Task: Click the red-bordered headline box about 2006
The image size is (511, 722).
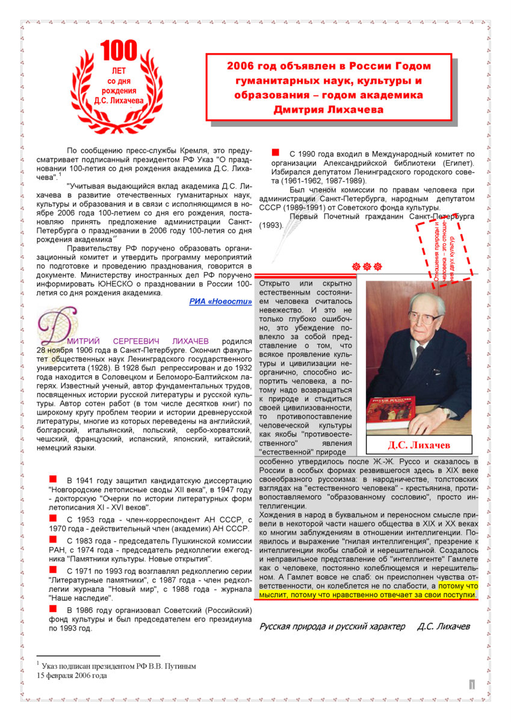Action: click(329, 87)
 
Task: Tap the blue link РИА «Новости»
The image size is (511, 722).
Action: click(220, 301)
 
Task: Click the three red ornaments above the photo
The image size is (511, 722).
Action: click(367, 266)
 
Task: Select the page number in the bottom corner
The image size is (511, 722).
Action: click(472, 683)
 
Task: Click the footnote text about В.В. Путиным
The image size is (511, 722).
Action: click(119, 666)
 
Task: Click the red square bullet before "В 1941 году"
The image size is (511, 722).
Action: click(53, 479)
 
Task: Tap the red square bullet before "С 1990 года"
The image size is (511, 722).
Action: click(276, 153)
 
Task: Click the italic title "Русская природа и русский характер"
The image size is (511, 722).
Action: click(332, 626)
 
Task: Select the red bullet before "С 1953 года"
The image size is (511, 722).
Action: click(53, 517)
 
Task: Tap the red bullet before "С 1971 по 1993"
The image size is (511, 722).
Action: click(53, 569)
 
